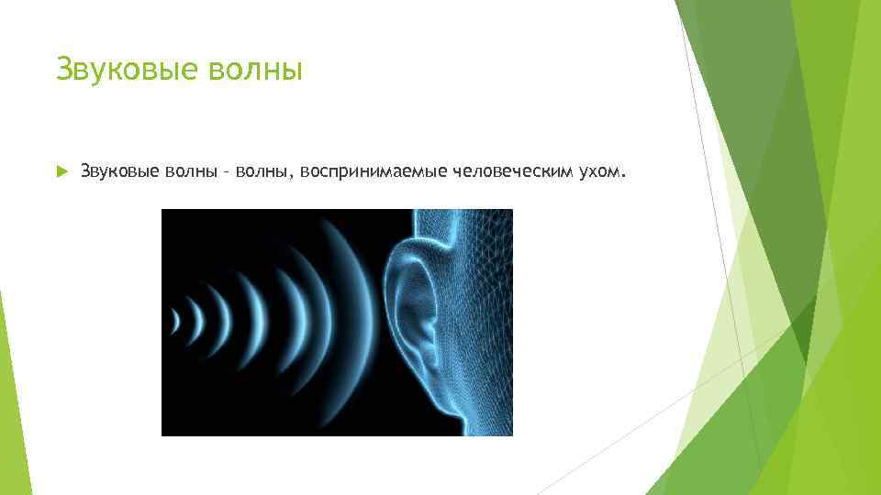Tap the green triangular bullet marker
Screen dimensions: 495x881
61,170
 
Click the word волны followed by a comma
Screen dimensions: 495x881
260,170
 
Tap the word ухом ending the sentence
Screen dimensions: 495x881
598,170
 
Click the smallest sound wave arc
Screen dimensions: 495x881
175,320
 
